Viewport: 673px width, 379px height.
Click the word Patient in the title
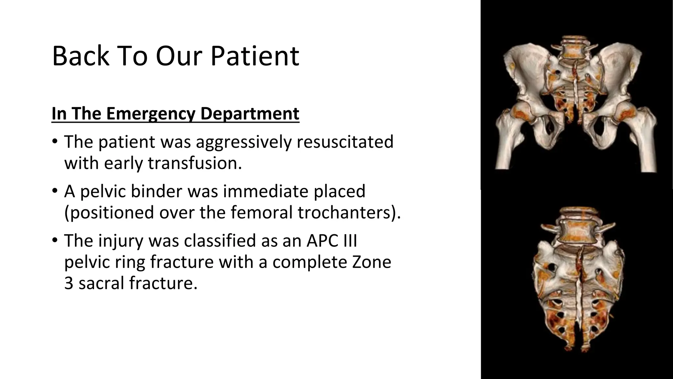tap(255, 56)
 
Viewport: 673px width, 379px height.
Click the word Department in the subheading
tap(249, 114)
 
